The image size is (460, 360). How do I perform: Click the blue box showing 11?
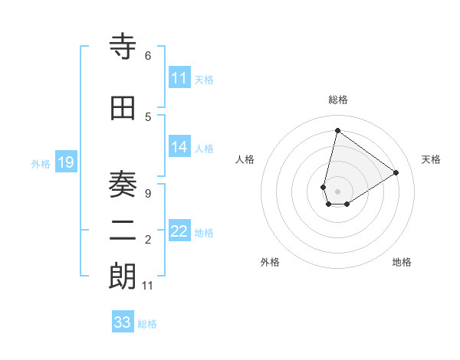[179, 78]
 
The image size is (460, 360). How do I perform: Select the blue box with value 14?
[179, 148]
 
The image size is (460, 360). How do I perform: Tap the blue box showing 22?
[179, 232]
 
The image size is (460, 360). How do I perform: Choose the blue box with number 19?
[65, 162]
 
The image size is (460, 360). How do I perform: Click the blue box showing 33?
[123, 322]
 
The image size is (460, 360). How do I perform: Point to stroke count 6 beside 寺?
[147, 56]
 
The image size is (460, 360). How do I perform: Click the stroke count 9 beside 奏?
[147, 194]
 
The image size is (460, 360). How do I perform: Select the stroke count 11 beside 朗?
[148, 286]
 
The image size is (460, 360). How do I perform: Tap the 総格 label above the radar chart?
[338, 100]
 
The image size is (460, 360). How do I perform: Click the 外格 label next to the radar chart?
[270, 262]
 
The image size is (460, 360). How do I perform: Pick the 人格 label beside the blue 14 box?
[204, 149]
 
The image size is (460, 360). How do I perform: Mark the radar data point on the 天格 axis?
[396, 172]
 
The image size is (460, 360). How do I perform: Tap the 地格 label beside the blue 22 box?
[204, 233]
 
